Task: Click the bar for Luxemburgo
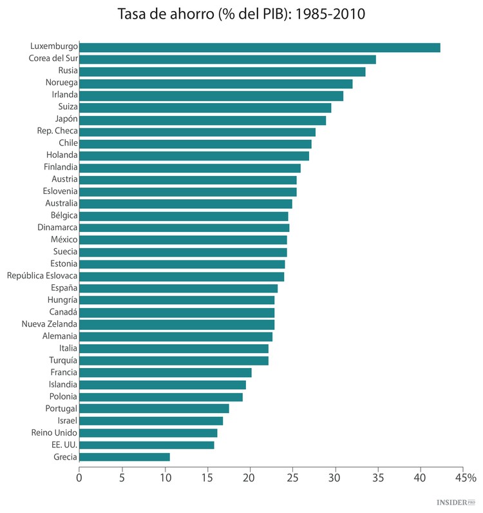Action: pyautogui.click(x=260, y=47)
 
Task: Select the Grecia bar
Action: pyautogui.click(x=124, y=457)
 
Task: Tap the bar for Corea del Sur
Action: pyautogui.click(x=227, y=59)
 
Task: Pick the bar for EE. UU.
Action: pyautogui.click(x=147, y=445)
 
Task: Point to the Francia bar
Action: pyautogui.click(x=166, y=373)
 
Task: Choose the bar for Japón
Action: pyautogui.click(x=202, y=120)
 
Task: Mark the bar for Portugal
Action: pyautogui.click(x=154, y=409)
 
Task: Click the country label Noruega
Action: pyautogui.click(x=61, y=83)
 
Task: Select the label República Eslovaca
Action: pyautogui.click(x=42, y=276)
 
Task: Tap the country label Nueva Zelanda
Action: pyautogui.click(x=49, y=324)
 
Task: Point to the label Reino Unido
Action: pyautogui.click(x=54, y=432)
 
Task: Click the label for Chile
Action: pyautogui.click(x=68, y=143)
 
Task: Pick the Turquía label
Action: pyautogui.click(x=63, y=360)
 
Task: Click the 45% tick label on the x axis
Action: pyautogui.click(x=465, y=478)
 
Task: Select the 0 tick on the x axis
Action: pyautogui.click(x=79, y=478)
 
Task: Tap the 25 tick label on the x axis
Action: pyautogui.click(x=292, y=478)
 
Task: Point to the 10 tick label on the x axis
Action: pyautogui.click(x=164, y=478)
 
